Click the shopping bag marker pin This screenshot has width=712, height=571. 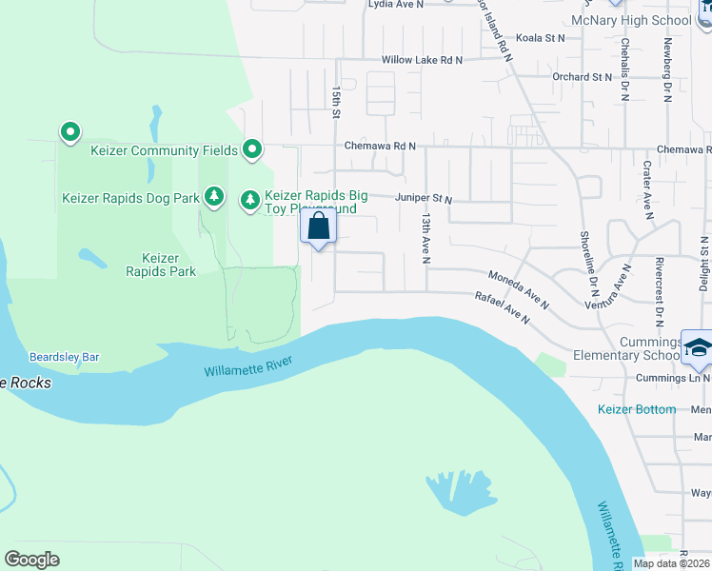click(x=319, y=227)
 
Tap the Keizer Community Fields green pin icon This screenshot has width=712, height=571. click(x=252, y=148)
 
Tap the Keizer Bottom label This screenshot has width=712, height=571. click(x=637, y=409)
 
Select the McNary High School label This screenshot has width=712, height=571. click(x=631, y=20)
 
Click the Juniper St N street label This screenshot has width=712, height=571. click(x=424, y=199)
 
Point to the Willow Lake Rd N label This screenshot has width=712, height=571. click(x=422, y=60)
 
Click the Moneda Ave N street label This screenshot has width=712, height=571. click(x=519, y=290)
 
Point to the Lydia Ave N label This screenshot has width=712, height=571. click(x=395, y=4)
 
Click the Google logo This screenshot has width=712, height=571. click(x=31, y=560)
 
